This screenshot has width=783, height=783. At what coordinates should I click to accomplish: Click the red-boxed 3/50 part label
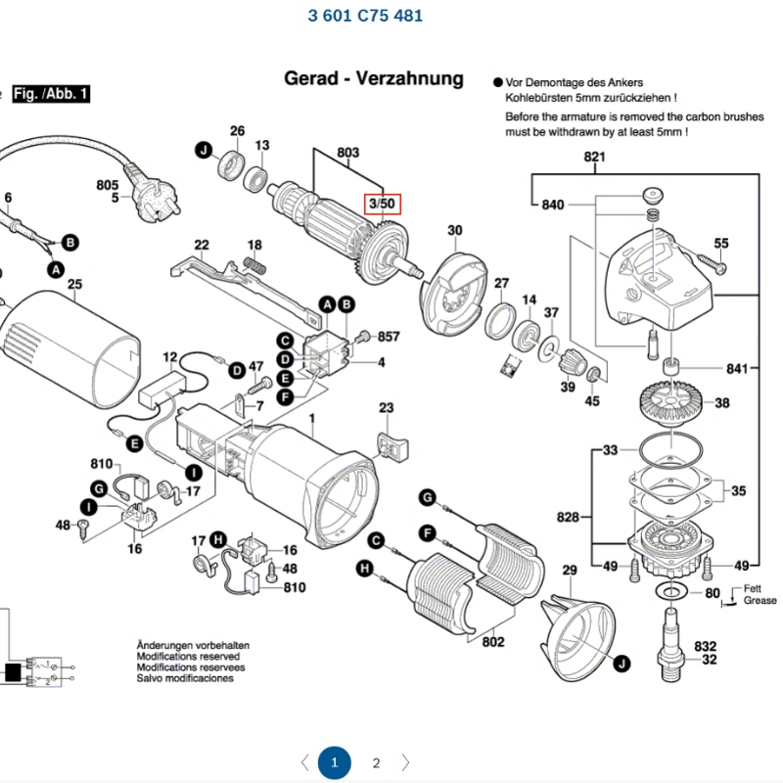tap(380, 204)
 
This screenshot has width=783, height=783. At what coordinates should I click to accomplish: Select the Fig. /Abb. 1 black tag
tap(51, 94)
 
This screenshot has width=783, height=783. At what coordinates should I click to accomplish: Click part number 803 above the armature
tap(347, 153)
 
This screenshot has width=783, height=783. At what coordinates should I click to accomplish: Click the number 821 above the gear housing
tap(594, 158)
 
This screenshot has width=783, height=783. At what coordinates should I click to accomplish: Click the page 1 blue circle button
tap(334, 762)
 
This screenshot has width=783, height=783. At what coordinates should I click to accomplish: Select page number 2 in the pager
tap(376, 762)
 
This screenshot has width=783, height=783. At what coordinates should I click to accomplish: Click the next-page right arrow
tap(405, 762)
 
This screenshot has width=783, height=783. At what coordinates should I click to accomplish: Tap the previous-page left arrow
tap(304, 762)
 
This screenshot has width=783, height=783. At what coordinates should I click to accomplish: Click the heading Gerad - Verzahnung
tap(373, 78)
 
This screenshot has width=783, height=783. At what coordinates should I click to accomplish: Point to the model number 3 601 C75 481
tap(365, 16)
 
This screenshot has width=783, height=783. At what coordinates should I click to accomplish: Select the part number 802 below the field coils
tap(493, 642)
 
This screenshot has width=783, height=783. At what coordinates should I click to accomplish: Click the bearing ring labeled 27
tap(501, 317)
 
